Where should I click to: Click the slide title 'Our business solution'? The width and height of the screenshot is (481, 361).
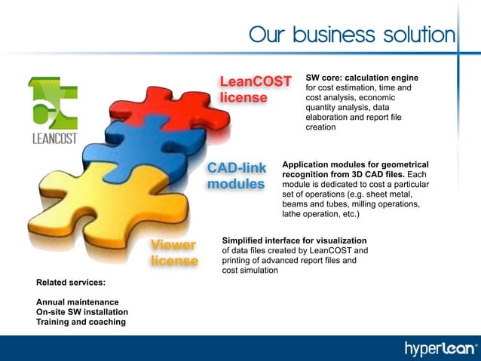point(352,35)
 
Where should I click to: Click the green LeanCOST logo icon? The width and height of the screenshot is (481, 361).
point(51,102)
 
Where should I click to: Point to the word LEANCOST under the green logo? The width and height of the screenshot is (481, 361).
point(54,138)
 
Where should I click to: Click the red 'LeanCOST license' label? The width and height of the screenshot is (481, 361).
point(255,89)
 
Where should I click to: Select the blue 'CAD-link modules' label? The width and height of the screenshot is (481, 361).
point(236,175)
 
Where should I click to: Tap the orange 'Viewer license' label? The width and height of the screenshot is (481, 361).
point(173,253)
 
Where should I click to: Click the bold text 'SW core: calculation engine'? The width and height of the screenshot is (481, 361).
point(361,78)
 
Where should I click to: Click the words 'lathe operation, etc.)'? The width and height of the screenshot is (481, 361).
point(320,214)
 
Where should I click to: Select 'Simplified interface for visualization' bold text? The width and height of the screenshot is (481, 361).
point(294,240)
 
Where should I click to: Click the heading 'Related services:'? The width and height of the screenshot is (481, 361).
point(70,283)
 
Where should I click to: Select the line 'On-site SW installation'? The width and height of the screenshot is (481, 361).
point(82,312)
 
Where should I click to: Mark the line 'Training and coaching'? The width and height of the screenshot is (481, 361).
point(81,322)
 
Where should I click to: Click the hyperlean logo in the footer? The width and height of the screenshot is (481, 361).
point(441,348)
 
